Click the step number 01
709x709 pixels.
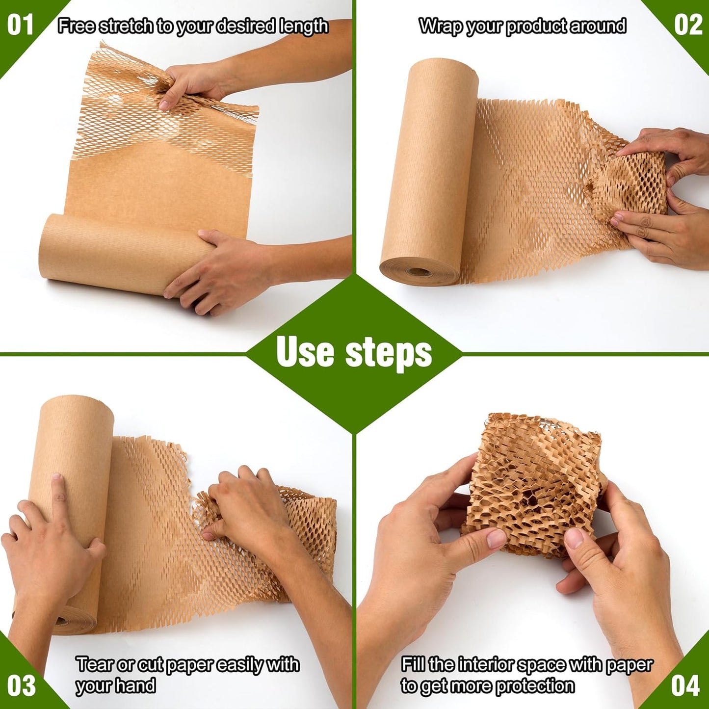pyautogui.click(x=20, y=25)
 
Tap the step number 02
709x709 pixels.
pyautogui.click(x=688, y=25)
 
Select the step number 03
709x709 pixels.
pyautogui.click(x=21, y=685)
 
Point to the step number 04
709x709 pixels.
pyautogui.click(x=685, y=685)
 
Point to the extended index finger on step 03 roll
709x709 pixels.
pyautogui.click(x=58, y=496)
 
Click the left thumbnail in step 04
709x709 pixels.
pyautogui.click(x=497, y=539)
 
